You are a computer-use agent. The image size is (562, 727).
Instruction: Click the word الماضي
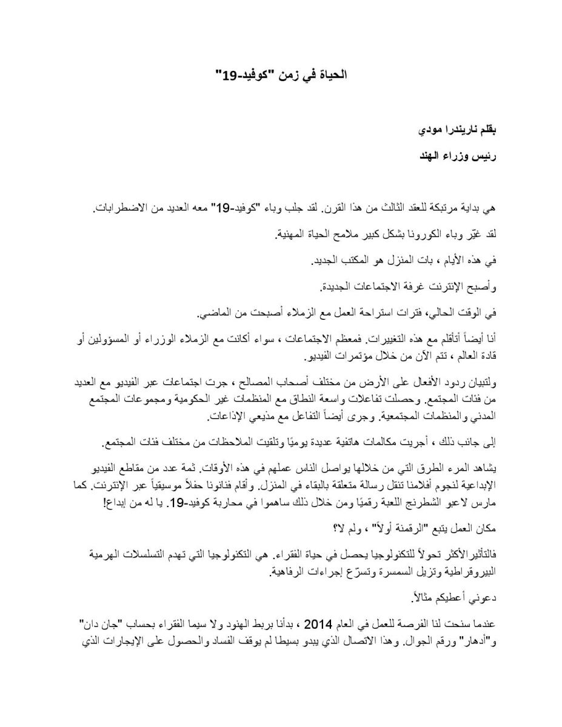click(215, 313)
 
